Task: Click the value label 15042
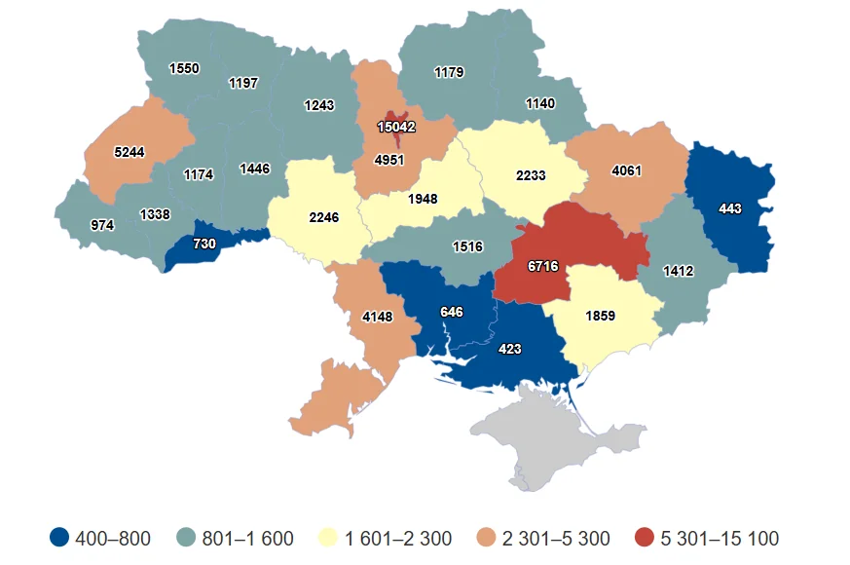pos(396,127)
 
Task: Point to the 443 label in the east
pos(730,208)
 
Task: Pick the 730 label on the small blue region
pos(204,244)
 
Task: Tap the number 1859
pos(600,315)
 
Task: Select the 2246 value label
pos(323,217)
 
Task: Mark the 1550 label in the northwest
pos(184,69)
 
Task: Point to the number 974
pos(102,225)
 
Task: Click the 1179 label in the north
pos(449,72)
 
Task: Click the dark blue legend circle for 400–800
pos(60,538)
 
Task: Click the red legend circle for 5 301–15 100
pos(643,538)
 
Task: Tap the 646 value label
pos(451,312)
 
